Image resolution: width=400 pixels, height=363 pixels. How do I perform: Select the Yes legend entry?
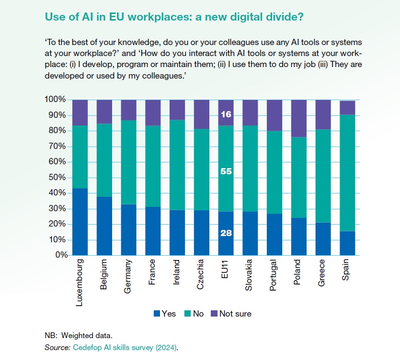tap(164, 314)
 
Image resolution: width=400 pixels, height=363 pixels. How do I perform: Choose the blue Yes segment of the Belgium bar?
tap(104, 226)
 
